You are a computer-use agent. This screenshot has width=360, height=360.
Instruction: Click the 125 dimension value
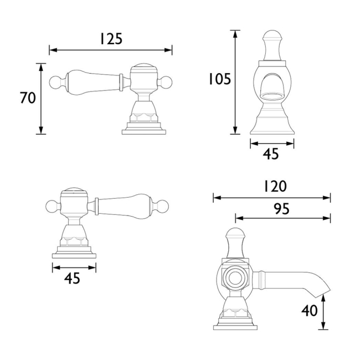(111, 39)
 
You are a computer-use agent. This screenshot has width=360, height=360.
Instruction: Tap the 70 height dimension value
(28, 98)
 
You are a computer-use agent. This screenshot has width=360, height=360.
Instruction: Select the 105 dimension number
(219, 79)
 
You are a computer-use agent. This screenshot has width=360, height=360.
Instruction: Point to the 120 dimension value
(275, 186)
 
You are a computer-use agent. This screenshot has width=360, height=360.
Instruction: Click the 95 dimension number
(282, 209)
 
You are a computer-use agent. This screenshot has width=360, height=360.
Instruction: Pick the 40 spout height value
(310, 311)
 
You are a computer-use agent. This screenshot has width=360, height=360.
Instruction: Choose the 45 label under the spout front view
(271, 154)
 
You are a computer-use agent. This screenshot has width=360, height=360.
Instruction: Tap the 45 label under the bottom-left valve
(72, 279)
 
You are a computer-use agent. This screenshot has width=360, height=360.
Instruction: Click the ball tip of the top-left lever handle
(55, 82)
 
